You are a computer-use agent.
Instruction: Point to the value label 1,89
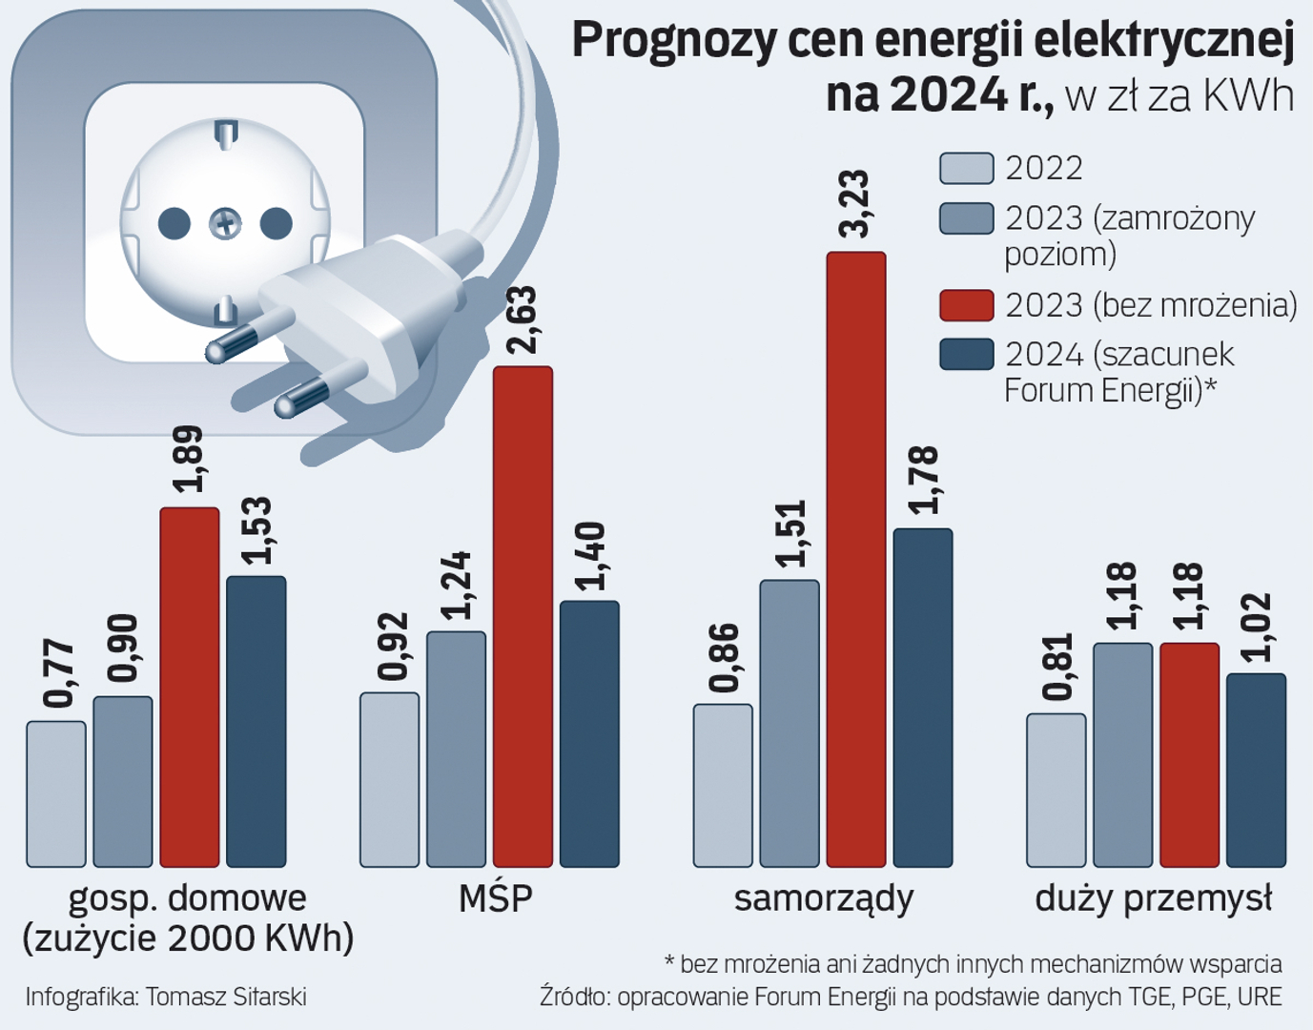click(190, 459)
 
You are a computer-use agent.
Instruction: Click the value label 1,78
click(923, 480)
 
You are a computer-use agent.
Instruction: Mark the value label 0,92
click(391, 648)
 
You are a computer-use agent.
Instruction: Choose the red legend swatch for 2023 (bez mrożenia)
click(966, 305)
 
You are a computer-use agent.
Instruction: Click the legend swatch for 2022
click(966, 168)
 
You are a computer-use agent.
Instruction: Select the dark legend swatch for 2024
click(966, 355)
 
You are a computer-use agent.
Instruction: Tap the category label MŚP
click(495, 898)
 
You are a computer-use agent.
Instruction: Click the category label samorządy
click(824, 898)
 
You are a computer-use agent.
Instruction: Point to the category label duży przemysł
click(1154, 898)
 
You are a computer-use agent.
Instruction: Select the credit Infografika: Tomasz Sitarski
click(166, 998)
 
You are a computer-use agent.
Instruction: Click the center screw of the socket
click(226, 224)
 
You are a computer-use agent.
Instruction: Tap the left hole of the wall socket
click(174, 224)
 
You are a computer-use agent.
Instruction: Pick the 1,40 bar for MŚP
click(589, 733)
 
